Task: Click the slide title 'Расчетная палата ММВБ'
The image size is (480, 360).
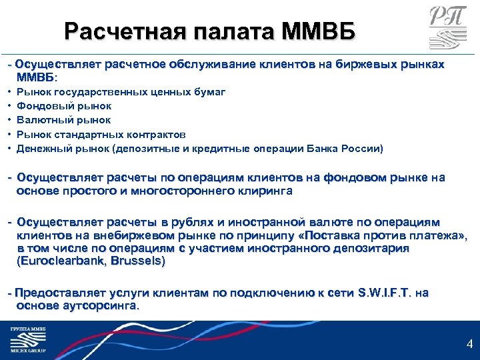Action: click(210, 31)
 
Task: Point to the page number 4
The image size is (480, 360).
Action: click(469, 345)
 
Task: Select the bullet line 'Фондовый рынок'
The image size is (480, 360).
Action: click(64, 105)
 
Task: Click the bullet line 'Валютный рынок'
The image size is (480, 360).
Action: click(64, 120)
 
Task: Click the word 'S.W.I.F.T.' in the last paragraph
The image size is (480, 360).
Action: click(385, 293)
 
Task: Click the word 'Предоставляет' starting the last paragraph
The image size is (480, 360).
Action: click(52, 293)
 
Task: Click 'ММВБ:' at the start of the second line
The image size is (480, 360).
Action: click(33, 77)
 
